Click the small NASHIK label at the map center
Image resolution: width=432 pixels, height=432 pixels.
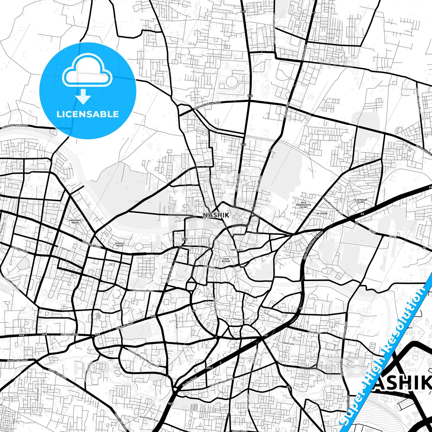click(x=216, y=215)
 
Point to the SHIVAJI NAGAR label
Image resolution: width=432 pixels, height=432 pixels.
click(x=120, y=245)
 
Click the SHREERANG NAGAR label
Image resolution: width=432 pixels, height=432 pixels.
click(x=75, y=221)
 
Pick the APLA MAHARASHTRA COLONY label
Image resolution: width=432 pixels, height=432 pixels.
click(x=303, y=205)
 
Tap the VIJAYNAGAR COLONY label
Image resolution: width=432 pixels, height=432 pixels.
click(x=360, y=201)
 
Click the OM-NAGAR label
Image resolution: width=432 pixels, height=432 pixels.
click(x=322, y=213)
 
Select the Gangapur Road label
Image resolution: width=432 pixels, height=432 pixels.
click(x=90, y=244)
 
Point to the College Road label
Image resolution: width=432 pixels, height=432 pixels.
click(x=20, y=250)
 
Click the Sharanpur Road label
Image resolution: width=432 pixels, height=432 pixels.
click(x=143, y=291)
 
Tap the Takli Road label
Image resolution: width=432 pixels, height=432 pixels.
click(x=315, y=333)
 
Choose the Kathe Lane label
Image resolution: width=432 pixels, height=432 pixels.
click(x=288, y=344)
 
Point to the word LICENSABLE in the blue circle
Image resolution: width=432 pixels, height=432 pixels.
click(x=88, y=114)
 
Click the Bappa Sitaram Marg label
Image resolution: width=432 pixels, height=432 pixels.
click(x=332, y=205)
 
